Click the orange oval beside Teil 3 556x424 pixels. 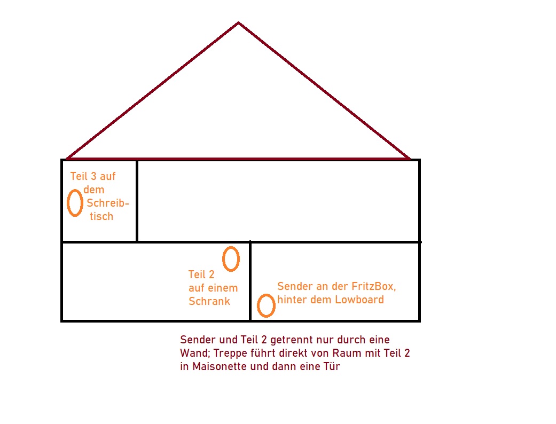coord(75,203)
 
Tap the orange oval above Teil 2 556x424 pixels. coord(231,259)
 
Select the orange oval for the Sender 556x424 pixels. coord(266,305)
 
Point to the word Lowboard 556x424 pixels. coord(359,300)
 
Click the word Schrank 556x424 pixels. coord(209,301)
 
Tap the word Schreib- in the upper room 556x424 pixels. coord(108,203)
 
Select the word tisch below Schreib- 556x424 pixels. coord(101,216)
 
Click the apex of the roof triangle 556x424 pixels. coord(238,23)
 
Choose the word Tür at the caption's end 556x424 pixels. coord(330,367)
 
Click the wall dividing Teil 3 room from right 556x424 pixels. coord(137,200)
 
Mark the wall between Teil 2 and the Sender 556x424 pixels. coord(250,281)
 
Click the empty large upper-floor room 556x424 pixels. coord(278,200)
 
